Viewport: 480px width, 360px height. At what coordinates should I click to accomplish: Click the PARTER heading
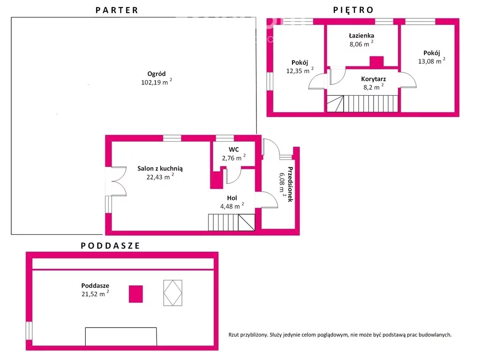point(117,10)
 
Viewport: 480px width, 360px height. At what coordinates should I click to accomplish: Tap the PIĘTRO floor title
point(353,10)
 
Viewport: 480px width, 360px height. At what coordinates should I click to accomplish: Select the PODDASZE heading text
point(110,246)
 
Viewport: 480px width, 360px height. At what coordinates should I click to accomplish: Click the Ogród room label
point(157,74)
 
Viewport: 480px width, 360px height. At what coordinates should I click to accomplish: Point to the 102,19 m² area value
point(157,82)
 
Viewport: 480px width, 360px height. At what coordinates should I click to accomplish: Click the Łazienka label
point(361,36)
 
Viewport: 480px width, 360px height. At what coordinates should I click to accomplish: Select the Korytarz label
point(374,79)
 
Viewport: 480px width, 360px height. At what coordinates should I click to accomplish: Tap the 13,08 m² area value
point(432,61)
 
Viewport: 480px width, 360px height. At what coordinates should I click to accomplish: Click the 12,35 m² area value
point(300,71)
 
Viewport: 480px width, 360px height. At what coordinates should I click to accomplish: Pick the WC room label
point(233,150)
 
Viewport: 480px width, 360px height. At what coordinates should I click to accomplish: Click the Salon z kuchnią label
point(160,168)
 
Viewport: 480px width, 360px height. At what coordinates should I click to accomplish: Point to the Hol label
point(232,198)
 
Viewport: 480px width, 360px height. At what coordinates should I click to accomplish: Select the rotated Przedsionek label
point(290,184)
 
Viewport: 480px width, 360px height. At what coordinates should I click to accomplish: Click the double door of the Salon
point(119,181)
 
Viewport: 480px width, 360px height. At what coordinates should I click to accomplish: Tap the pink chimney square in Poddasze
point(135,294)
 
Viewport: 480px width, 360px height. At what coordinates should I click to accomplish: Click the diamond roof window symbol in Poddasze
point(172,293)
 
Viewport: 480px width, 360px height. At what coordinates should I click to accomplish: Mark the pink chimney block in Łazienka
point(376,61)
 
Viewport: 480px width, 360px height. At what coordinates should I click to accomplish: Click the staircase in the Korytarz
point(362,104)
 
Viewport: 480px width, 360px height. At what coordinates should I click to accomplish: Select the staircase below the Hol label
point(232,222)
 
